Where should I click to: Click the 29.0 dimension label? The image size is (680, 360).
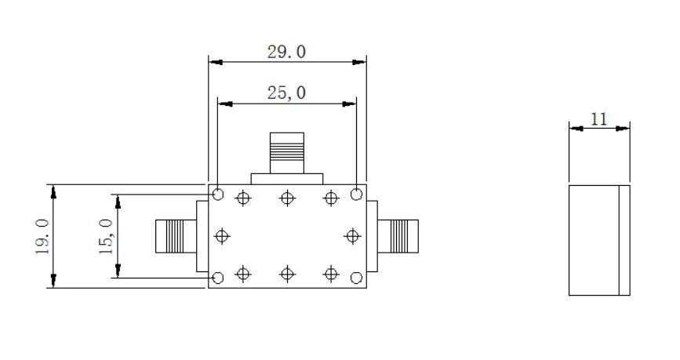(x=286, y=52)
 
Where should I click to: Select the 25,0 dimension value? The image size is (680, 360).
(x=286, y=93)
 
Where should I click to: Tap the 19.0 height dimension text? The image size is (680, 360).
(x=42, y=237)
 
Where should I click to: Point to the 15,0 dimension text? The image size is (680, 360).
(x=106, y=237)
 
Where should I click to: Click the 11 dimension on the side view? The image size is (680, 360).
(x=599, y=119)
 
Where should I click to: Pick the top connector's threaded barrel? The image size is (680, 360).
(x=286, y=153)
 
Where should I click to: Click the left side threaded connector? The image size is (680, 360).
(x=176, y=236)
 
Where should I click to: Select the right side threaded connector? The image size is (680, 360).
(x=398, y=236)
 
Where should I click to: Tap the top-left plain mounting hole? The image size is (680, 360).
(x=218, y=195)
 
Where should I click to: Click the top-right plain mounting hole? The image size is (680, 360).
(x=356, y=195)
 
